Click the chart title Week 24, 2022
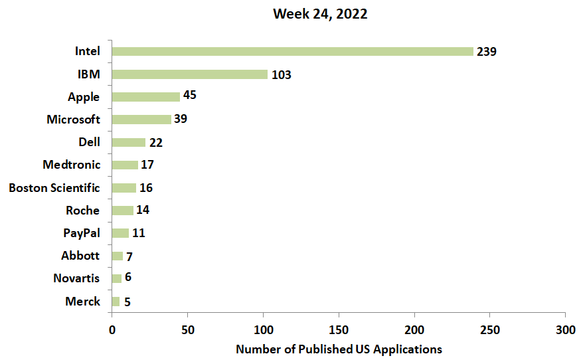(x=320, y=14)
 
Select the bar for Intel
(x=292, y=51)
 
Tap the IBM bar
(x=189, y=74)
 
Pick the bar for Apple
(x=145, y=97)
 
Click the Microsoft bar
(x=141, y=120)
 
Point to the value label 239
(x=487, y=51)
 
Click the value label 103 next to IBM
(x=281, y=74)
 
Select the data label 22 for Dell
(x=155, y=142)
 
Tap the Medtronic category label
(x=71, y=165)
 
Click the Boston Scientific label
(x=54, y=188)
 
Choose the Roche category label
(x=82, y=211)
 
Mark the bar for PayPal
(x=120, y=233)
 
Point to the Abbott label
(x=80, y=256)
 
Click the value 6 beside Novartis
(x=127, y=277)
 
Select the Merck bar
(x=116, y=302)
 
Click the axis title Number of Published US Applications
(x=339, y=349)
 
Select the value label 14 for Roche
(x=143, y=211)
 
